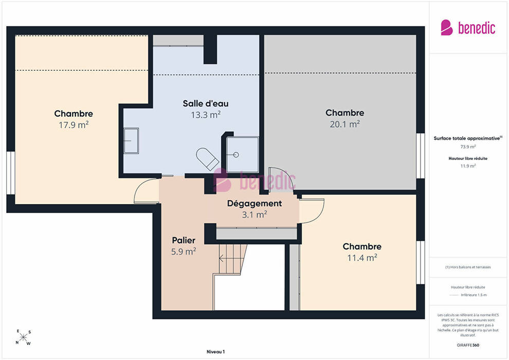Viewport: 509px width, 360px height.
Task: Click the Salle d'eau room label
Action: (206, 103)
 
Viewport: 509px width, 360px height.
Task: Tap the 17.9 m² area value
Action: (74, 124)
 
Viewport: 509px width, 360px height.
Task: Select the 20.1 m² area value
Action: (345, 124)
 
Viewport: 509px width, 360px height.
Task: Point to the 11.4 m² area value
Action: (362, 258)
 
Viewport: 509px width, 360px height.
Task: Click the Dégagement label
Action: (254, 204)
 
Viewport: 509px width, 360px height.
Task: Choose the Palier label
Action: (184, 240)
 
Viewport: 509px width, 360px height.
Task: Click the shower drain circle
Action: (236, 155)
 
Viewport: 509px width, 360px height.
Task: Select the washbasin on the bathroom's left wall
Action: (131, 140)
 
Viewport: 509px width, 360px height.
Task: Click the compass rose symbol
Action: (23, 337)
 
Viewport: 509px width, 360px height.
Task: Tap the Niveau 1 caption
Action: (215, 352)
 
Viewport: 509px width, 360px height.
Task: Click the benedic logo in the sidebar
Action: (468, 28)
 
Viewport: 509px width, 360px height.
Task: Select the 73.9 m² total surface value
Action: (468, 147)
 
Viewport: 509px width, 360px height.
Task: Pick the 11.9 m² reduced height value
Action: (468, 166)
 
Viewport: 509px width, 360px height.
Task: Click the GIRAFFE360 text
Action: (468, 345)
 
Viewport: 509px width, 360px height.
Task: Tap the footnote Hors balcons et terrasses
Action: (468, 267)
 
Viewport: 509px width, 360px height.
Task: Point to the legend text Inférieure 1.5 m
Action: (474, 295)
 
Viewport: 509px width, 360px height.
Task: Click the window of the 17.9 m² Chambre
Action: (11, 173)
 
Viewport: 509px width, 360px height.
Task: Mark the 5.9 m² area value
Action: (184, 251)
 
